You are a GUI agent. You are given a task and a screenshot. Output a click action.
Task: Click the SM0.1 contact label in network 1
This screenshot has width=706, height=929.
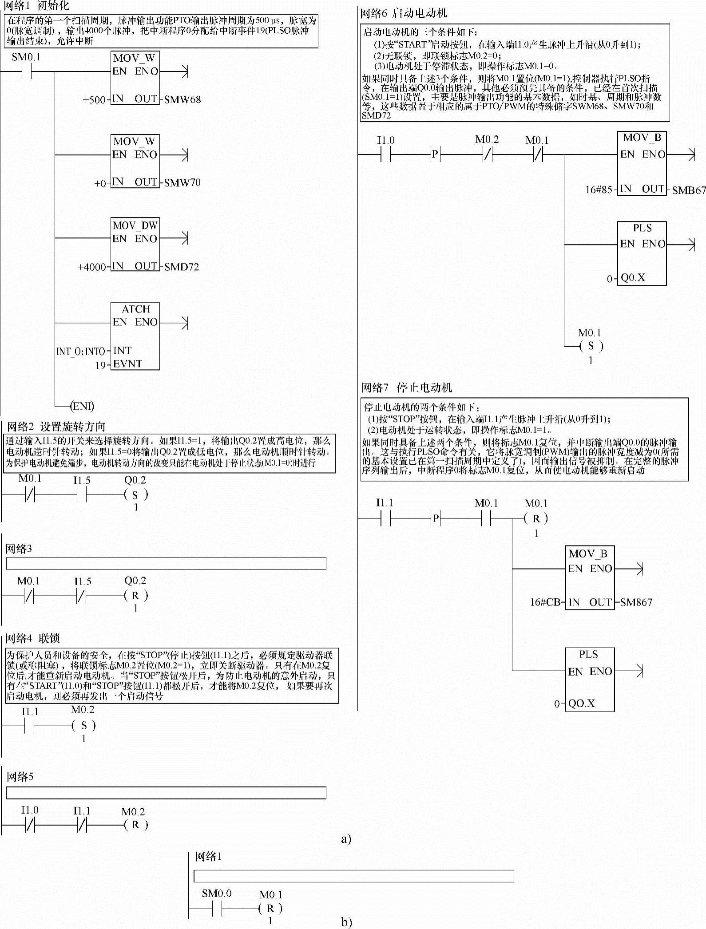(26, 57)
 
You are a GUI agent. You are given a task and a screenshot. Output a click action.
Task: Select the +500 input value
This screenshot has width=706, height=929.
(94, 100)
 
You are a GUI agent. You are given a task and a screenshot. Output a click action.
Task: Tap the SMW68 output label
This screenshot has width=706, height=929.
(182, 99)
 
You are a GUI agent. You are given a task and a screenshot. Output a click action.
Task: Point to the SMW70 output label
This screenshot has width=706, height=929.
(182, 182)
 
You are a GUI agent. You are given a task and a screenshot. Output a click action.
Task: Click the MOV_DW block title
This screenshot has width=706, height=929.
(135, 225)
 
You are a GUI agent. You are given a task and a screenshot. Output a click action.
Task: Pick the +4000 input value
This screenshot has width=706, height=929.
(91, 267)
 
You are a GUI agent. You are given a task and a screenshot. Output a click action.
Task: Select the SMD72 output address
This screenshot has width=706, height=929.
(182, 267)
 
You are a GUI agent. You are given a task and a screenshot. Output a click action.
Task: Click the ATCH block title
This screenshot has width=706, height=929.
(136, 309)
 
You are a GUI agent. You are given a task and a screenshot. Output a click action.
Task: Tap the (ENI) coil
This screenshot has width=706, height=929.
(82, 406)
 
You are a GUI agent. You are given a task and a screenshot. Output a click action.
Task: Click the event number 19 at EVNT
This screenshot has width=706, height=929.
(101, 365)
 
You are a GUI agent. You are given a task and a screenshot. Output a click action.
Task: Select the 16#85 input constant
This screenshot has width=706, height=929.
(599, 190)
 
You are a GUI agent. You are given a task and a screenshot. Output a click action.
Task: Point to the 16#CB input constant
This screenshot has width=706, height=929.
(545, 602)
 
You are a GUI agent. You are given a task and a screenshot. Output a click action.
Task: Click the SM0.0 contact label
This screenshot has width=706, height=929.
(216, 893)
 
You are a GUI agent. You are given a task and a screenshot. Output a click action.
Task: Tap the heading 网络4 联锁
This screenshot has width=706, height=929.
(32, 638)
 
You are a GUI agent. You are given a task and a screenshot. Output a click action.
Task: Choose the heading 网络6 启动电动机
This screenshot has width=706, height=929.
(403, 13)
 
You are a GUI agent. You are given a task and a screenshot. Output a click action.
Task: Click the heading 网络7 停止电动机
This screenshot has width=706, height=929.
(406, 387)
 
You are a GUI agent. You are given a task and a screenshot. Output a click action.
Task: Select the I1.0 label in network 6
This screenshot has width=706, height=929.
(385, 140)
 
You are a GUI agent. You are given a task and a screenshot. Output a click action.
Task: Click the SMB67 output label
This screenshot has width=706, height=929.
(689, 190)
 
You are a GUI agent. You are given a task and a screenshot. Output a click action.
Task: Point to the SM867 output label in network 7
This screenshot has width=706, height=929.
(636, 602)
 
